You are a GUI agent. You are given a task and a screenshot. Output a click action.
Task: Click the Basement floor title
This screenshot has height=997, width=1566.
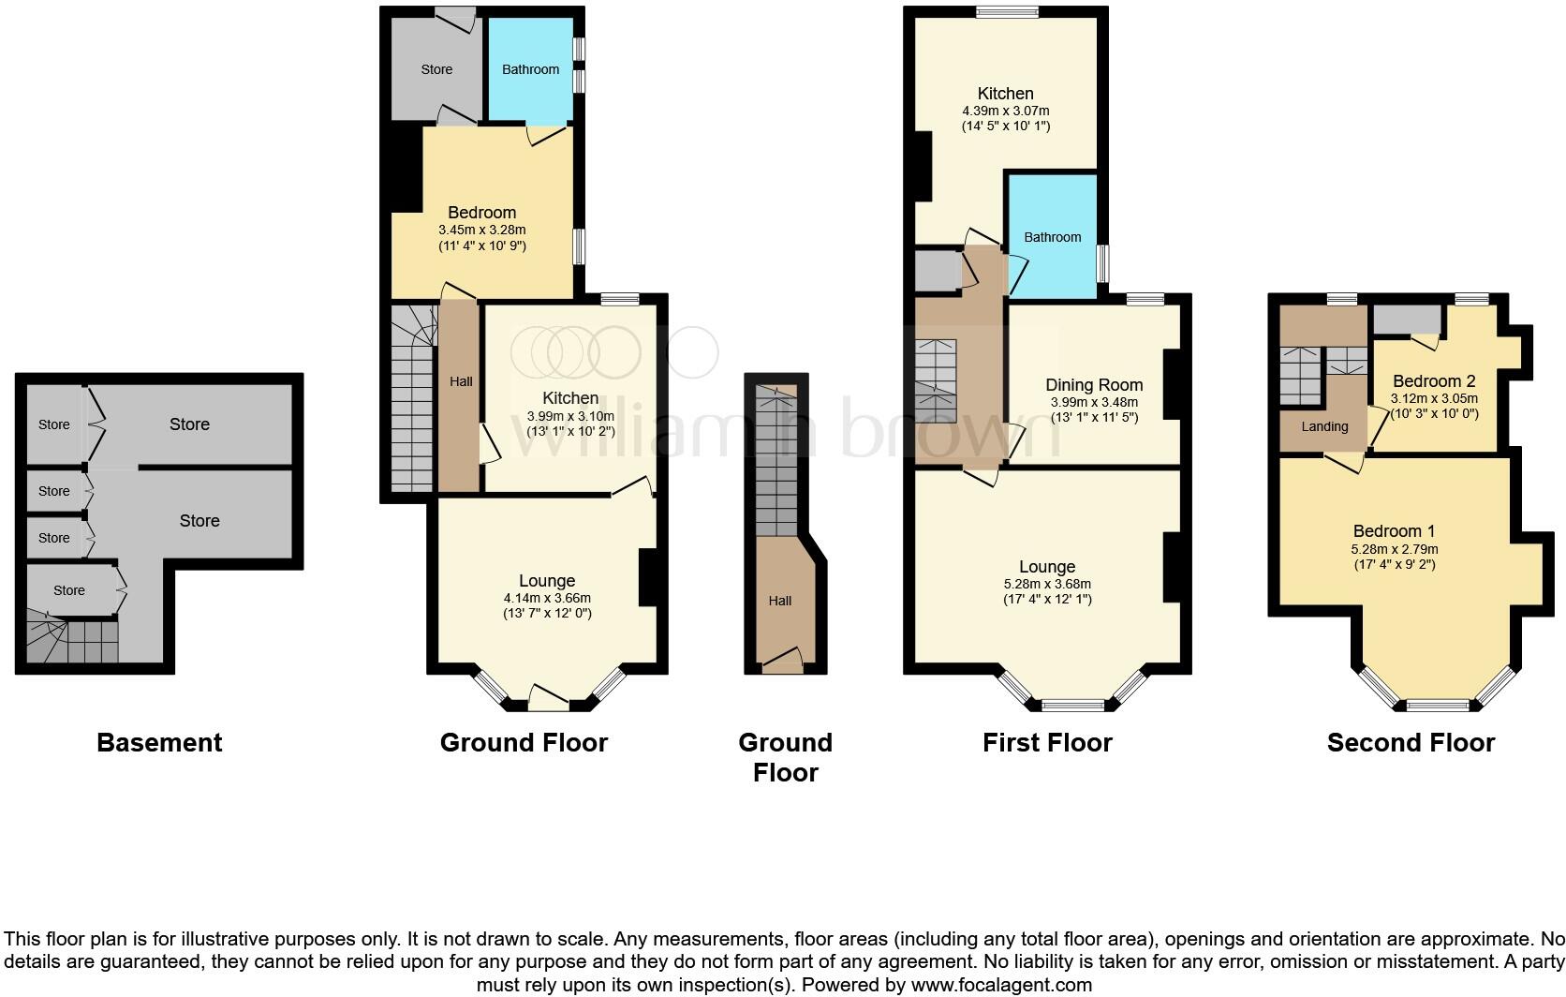click(x=159, y=743)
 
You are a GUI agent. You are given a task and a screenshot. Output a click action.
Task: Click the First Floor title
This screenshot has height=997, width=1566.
click(x=1047, y=743)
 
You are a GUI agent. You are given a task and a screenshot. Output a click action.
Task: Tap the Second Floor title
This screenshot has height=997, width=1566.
click(x=1411, y=743)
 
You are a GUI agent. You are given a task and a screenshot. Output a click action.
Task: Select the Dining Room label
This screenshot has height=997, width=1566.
click(x=1094, y=385)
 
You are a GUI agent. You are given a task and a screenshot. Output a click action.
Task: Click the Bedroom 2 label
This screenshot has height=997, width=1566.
click(x=1434, y=381)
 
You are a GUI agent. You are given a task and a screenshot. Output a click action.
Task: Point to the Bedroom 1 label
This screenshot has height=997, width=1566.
click(x=1394, y=531)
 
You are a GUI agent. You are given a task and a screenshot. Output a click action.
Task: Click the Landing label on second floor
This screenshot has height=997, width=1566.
click(x=1324, y=426)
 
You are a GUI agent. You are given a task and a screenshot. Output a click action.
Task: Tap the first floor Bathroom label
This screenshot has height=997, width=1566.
click(x=1052, y=237)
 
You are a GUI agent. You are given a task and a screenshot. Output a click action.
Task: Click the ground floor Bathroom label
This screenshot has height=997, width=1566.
click(x=530, y=69)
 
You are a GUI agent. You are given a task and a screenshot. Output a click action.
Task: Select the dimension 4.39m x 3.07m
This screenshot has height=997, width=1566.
click(x=1005, y=111)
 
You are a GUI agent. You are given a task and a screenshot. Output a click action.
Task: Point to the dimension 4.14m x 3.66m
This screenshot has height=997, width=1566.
click(x=547, y=598)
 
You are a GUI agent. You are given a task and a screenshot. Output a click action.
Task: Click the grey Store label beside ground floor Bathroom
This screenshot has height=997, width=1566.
click(x=436, y=69)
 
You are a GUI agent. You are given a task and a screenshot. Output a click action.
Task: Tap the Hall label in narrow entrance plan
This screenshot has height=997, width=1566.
click(x=779, y=601)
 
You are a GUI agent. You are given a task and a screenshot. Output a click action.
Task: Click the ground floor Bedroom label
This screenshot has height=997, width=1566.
click(x=481, y=213)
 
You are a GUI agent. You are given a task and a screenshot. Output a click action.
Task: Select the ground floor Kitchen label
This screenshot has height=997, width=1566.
click(x=570, y=398)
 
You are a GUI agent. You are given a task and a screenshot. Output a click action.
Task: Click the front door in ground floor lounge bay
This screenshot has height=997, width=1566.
click(x=549, y=697)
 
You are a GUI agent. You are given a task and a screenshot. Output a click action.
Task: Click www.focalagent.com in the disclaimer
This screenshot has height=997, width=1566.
click(x=1000, y=985)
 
